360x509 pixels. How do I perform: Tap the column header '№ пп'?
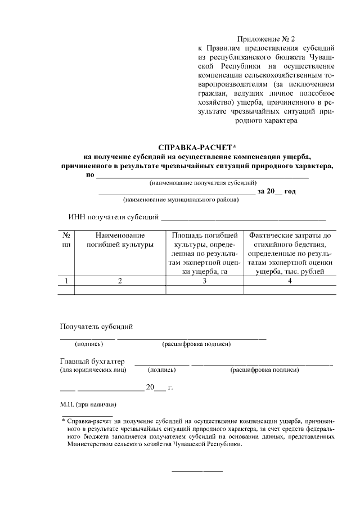(x=66, y=240)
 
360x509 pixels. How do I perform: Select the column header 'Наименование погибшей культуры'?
(x=120, y=240)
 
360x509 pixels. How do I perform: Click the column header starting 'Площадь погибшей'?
(x=205, y=253)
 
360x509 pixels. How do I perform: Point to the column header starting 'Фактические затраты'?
(x=290, y=253)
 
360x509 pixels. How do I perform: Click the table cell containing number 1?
(x=66, y=281)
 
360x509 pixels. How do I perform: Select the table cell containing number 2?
(x=120, y=281)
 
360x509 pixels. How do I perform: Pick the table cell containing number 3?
(x=205, y=281)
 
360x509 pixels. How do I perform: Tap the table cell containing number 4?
(x=290, y=281)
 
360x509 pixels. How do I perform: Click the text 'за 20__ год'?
(x=276, y=191)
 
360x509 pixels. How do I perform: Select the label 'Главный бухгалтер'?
(x=93, y=361)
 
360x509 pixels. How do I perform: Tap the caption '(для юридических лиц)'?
(x=93, y=370)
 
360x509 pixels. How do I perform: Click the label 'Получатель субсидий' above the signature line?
(x=96, y=326)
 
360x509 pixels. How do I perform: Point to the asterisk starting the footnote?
(x=64, y=420)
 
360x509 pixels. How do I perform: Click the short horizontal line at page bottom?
(x=196, y=470)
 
